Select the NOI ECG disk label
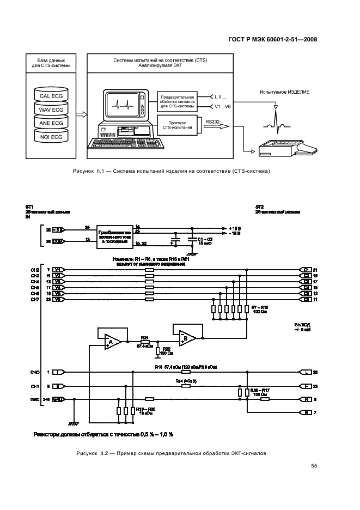pos(52,137)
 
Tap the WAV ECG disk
pos(52,110)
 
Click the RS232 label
pos(213,123)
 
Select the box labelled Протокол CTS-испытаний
pos(175,124)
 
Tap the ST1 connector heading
pos(29,207)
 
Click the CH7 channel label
pos(35,300)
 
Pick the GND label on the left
pos(34,399)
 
